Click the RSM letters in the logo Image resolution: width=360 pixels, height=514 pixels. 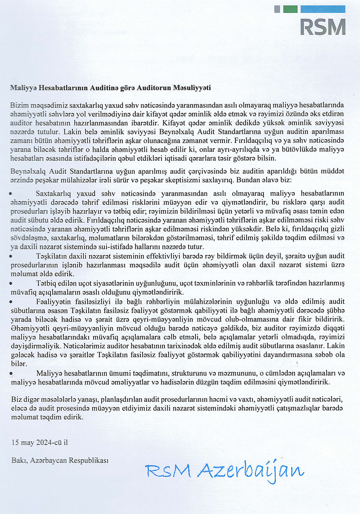(323, 27)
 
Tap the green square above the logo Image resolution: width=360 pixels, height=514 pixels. (290, 9)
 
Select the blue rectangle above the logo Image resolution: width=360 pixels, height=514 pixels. (323, 9)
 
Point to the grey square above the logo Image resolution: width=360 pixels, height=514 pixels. (277, 9)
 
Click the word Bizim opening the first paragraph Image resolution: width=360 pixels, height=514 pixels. (19, 105)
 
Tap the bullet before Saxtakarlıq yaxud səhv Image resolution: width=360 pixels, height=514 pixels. (11, 194)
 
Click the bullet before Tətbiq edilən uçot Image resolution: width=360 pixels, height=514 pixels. (11, 283)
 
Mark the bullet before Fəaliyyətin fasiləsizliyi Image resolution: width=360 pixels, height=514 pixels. (11, 302)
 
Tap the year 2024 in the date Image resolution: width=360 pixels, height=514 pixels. (44, 442)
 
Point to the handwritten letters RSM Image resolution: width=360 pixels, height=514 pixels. (168, 470)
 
